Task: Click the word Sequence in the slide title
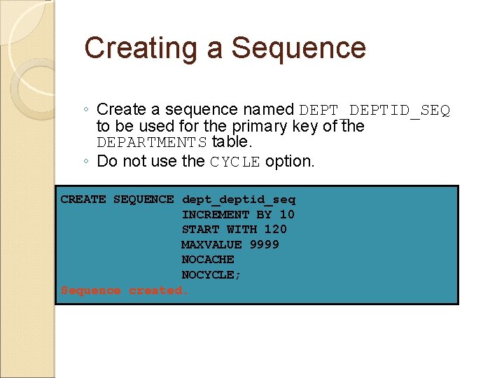point(299,48)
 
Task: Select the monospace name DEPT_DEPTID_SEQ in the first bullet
point(374,111)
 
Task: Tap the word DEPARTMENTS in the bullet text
point(152,143)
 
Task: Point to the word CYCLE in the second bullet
point(235,162)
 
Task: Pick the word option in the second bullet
point(290,161)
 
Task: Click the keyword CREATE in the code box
point(83,199)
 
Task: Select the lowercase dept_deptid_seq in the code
point(239,199)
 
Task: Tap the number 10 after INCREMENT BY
point(287,215)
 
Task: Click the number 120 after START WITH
point(276,230)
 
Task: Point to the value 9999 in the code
point(265,245)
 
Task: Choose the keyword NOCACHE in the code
point(208,260)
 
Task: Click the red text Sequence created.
point(125,290)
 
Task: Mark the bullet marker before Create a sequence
point(84,110)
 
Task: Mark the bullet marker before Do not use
point(84,162)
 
